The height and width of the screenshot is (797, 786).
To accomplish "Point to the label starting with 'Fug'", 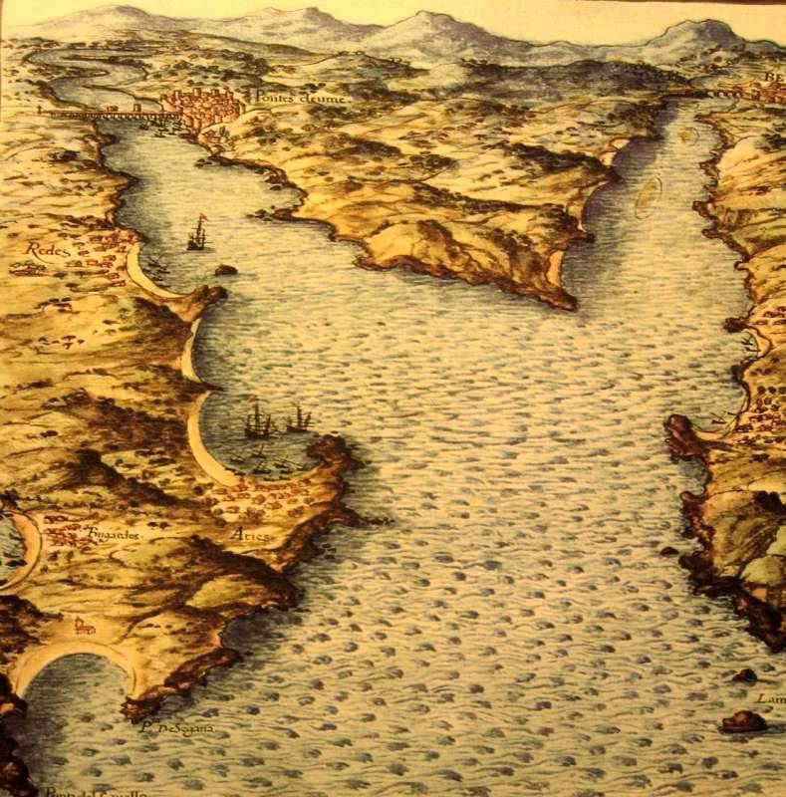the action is (x=115, y=534).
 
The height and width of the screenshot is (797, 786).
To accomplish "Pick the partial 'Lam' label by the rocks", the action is (x=771, y=698).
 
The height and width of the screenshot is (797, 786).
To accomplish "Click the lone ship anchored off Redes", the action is (x=197, y=233).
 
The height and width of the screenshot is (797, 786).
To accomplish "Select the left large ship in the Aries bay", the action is (x=258, y=420).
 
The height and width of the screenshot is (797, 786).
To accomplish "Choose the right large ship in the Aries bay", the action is (x=298, y=418).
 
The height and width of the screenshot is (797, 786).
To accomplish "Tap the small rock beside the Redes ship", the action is (x=226, y=269).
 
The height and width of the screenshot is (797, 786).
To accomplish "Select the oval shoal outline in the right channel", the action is (x=649, y=195).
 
